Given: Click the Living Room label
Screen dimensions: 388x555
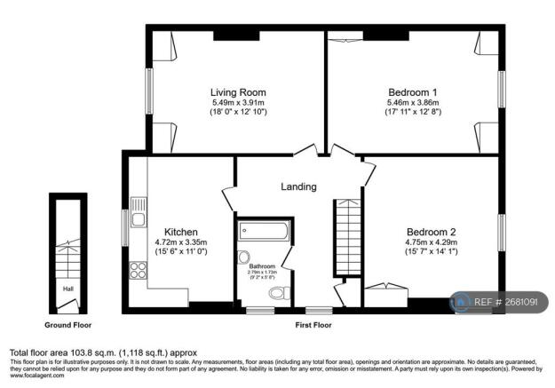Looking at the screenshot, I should tap(237, 92).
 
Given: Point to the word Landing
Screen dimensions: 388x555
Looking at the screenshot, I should tap(298, 186).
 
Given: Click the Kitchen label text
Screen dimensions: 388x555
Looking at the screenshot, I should tap(181, 233).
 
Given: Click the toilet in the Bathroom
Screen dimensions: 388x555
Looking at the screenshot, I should tap(276, 292).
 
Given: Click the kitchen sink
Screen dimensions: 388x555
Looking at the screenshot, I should tap(139, 213).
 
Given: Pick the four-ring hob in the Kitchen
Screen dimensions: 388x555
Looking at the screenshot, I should tap(139, 271).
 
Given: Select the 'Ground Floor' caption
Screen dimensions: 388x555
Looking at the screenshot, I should tap(68, 325).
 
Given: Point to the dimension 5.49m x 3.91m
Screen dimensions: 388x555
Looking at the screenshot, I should tap(237, 103).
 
